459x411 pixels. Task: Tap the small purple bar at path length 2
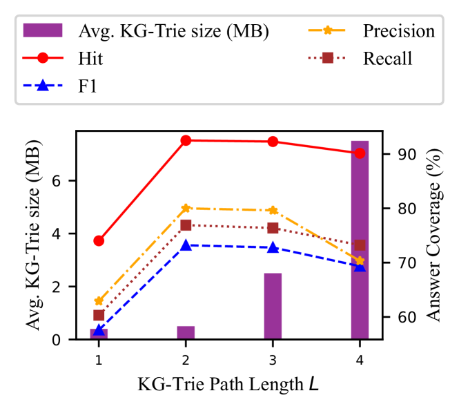coord(186,332)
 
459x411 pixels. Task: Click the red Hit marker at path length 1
coord(99,240)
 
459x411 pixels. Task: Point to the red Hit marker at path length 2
coord(186,140)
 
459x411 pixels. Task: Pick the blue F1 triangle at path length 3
coord(273,247)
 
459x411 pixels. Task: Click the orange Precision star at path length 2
coord(186,208)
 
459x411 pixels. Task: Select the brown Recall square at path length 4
coord(360,245)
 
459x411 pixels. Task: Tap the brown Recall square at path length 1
coord(99,315)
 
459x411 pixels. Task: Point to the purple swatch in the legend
coord(43,31)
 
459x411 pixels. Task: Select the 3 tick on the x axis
coord(273,359)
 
